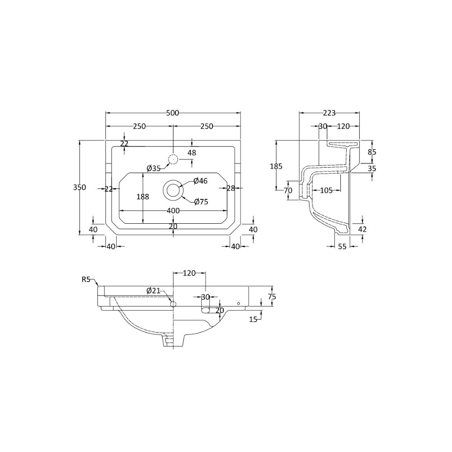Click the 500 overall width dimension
173,113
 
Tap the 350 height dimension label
80,187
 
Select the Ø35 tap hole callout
154,168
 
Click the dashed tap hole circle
173,159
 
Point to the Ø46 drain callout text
201,181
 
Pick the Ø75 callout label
201,202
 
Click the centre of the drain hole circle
173,190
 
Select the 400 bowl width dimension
173,211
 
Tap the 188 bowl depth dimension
143,197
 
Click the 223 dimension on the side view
329,113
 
